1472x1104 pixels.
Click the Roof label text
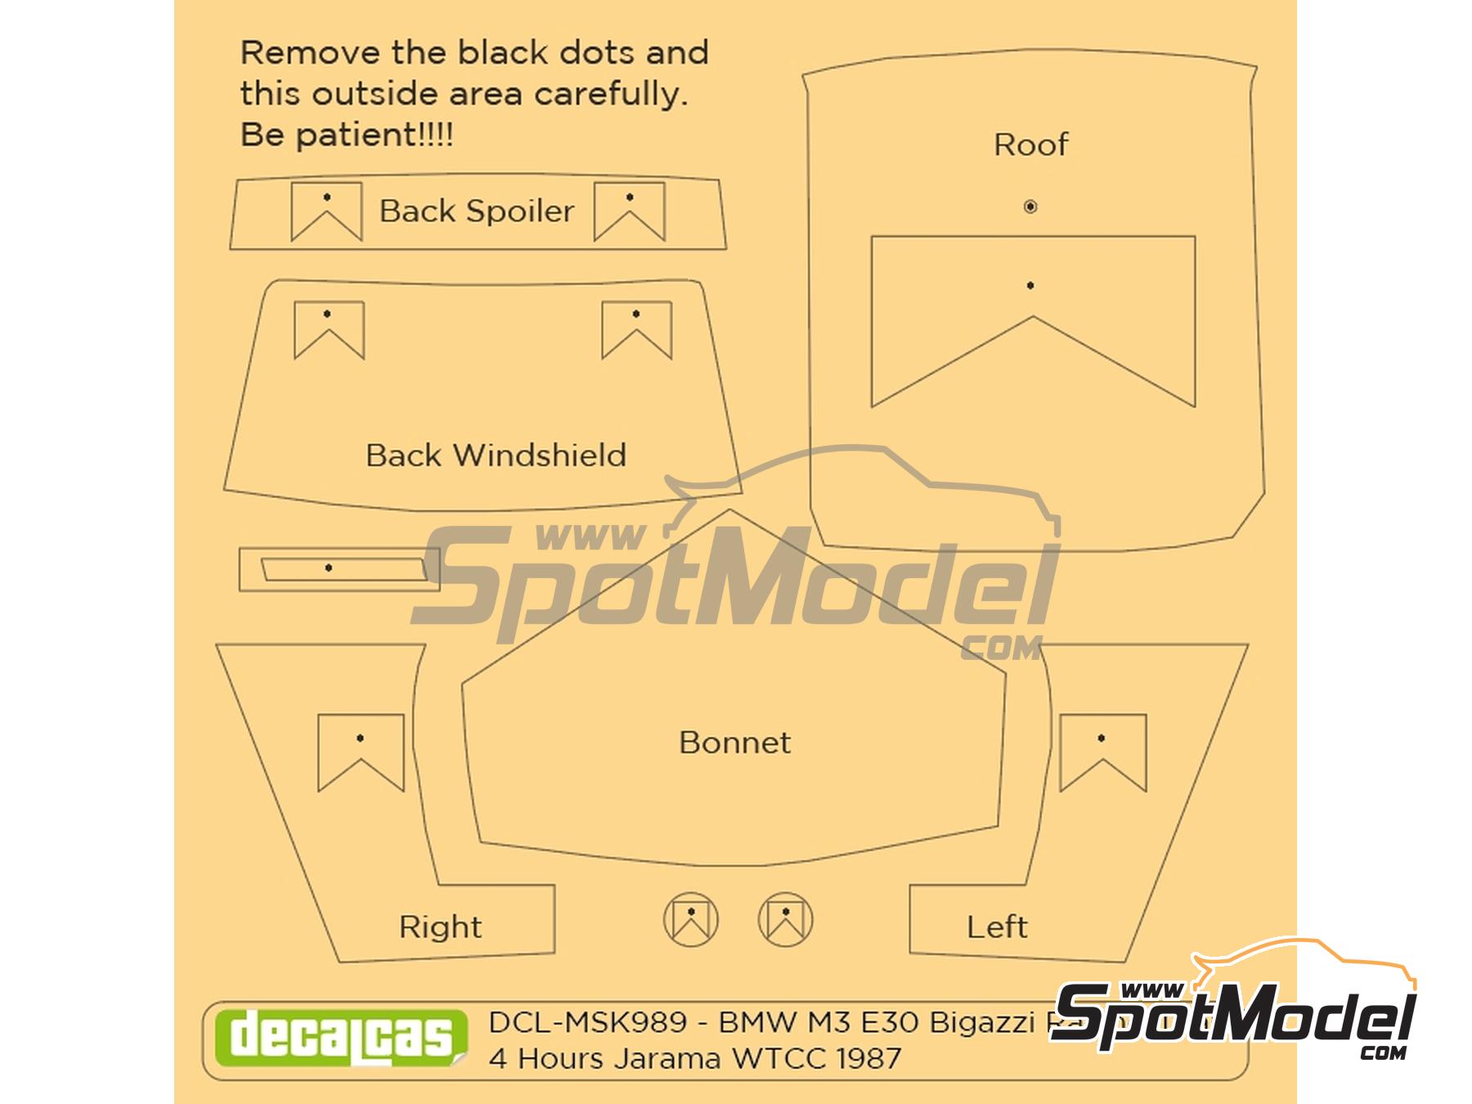pyautogui.click(x=1030, y=145)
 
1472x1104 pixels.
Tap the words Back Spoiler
pyautogui.click(x=477, y=211)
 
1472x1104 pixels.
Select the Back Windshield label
pyautogui.click(x=496, y=456)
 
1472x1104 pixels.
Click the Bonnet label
pyautogui.click(x=734, y=743)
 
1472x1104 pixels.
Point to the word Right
pyautogui.click(x=440, y=927)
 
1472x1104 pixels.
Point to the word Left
pyautogui.click(x=996, y=927)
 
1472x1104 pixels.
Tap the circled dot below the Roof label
pyautogui.click(x=1030, y=207)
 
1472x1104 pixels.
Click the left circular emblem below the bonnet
pyautogui.click(x=691, y=919)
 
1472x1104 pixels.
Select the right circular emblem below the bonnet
pyautogui.click(x=785, y=919)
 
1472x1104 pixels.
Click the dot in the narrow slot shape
pyautogui.click(x=329, y=568)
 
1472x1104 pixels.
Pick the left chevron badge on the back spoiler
pyautogui.click(x=326, y=211)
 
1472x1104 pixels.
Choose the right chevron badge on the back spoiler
pyautogui.click(x=629, y=211)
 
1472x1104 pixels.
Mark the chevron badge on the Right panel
pyautogui.click(x=361, y=752)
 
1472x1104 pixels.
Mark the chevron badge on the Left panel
pyautogui.click(x=1102, y=752)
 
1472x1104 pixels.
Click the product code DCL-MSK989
pyautogui.click(x=587, y=1023)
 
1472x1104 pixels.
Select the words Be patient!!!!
pyautogui.click(x=347, y=135)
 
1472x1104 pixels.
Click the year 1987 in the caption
pyautogui.click(x=868, y=1059)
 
